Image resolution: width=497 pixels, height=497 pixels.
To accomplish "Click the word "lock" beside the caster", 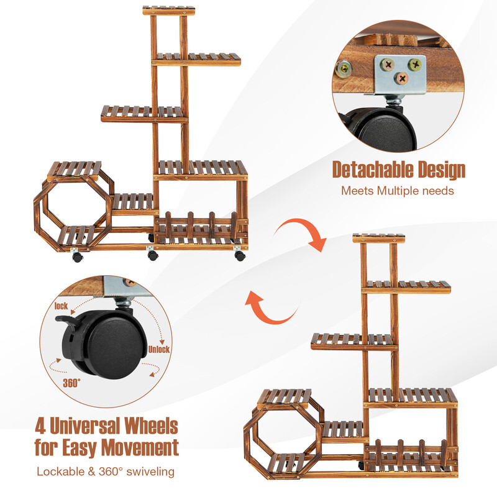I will pyautogui.click(x=61, y=306).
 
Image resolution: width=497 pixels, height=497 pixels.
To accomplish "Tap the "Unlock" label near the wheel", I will pyautogui.click(x=158, y=349).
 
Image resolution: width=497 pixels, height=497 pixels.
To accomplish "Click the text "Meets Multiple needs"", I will pyautogui.click(x=398, y=190).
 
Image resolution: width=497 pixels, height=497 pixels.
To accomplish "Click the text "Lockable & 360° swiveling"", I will pyautogui.click(x=106, y=472).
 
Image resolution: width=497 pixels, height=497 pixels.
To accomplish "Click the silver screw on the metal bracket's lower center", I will pyautogui.click(x=402, y=78).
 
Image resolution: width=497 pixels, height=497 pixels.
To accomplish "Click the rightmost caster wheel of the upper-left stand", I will pyautogui.click(x=240, y=254).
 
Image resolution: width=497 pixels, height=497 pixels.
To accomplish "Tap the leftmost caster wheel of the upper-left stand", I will pyautogui.click(x=76, y=257).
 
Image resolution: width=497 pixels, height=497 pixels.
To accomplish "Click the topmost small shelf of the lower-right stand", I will pyautogui.click(x=378, y=238).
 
